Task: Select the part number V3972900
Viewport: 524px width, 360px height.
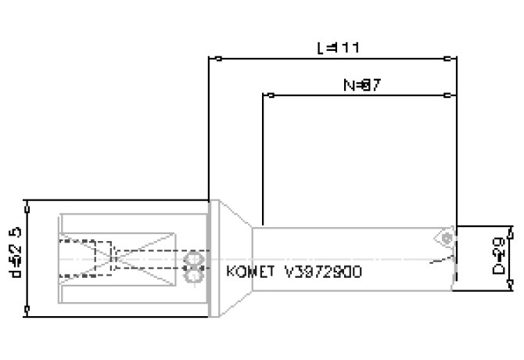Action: click(x=322, y=272)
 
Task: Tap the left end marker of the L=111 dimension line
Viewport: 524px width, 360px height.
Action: click(x=218, y=58)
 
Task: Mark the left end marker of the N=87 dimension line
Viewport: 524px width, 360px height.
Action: click(x=270, y=95)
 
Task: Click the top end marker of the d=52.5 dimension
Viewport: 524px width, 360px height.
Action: click(x=27, y=202)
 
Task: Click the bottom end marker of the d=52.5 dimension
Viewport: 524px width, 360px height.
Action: click(x=27, y=315)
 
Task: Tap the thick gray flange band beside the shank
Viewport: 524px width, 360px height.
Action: click(x=211, y=258)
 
